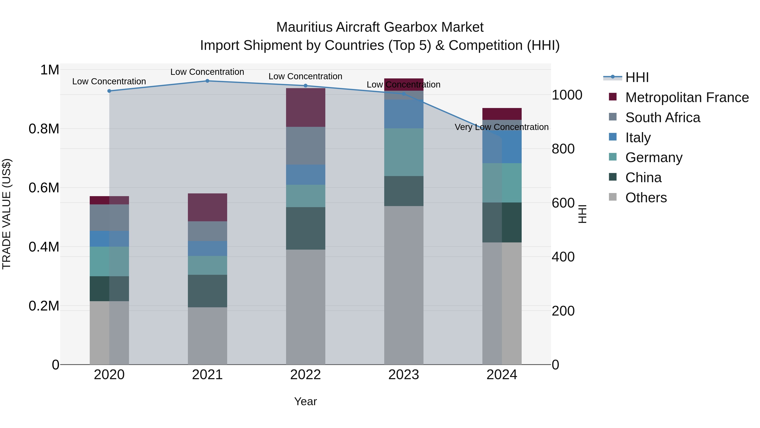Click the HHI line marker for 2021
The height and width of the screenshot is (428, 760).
(207, 81)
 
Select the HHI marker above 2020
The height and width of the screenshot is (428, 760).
(109, 91)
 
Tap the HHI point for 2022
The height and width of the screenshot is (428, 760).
(305, 86)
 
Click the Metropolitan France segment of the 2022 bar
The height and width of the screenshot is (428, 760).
(305, 108)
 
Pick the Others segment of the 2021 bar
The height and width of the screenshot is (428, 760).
(207, 336)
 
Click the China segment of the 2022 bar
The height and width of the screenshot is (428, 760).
(305, 228)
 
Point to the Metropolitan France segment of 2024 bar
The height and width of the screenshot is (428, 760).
(502, 114)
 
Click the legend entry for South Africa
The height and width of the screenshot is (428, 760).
(662, 118)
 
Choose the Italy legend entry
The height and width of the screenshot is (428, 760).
(638, 138)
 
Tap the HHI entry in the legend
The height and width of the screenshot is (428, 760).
(637, 77)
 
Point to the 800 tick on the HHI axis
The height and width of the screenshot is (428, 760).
(563, 149)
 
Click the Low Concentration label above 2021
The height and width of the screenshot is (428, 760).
(207, 72)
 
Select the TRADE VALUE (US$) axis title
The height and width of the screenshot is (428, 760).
(7, 214)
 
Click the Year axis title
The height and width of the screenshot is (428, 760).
(305, 401)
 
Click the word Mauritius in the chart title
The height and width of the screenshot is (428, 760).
(304, 27)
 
